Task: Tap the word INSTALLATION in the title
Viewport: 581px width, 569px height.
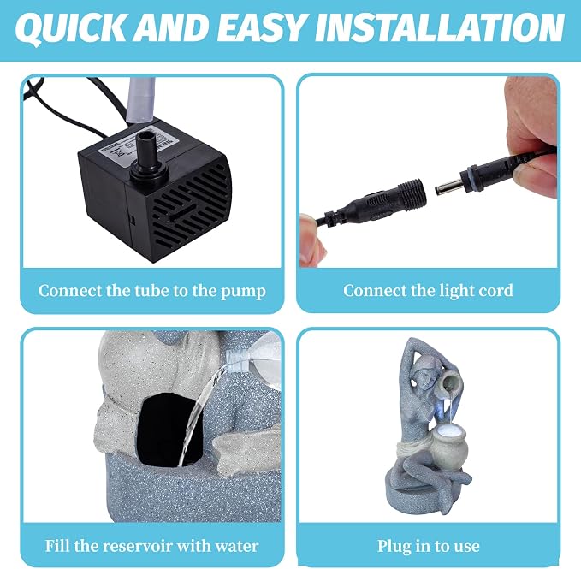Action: pos(440,27)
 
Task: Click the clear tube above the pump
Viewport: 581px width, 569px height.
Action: pos(140,100)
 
